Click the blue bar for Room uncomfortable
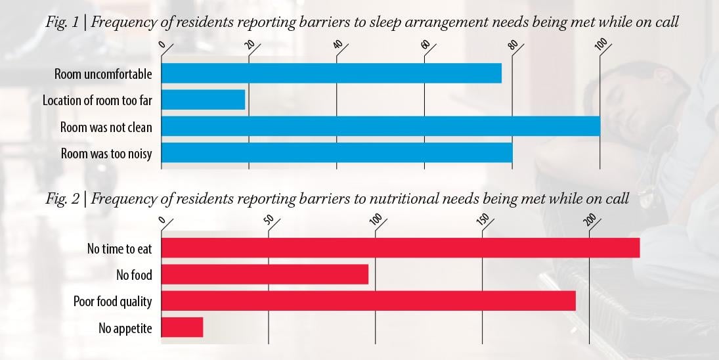pyautogui.click(x=331, y=74)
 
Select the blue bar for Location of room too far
pyautogui.click(x=203, y=100)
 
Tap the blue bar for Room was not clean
pyautogui.click(x=380, y=126)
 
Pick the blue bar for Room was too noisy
pyautogui.click(x=336, y=152)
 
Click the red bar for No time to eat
pyautogui.click(x=400, y=248)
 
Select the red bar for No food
pyautogui.click(x=264, y=275)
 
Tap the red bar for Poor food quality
pyautogui.click(x=368, y=301)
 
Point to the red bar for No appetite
pyautogui.click(x=182, y=327)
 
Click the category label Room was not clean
pyautogui.click(x=106, y=127)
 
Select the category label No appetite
pyautogui.click(x=125, y=328)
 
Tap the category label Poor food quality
pyautogui.click(x=112, y=302)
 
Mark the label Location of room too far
pyautogui.click(x=97, y=101)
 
